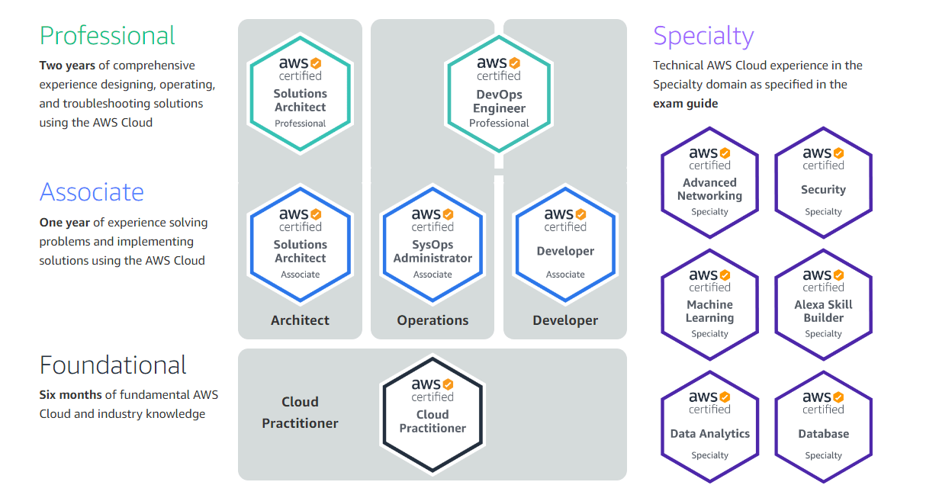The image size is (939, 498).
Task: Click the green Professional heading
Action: (x=107, y=36)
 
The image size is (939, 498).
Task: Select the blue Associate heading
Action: (x=92, y=192)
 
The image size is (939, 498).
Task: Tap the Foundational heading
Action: (x=113, y=365)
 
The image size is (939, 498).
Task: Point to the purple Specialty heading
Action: (x=703, y=36)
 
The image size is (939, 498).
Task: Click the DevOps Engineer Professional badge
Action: (x=499, y=94)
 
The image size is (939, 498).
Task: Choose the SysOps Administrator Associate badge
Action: (x=433, y=244)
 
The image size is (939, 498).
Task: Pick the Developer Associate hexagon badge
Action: (x=565, y=244)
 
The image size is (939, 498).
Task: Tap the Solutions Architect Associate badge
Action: (x=300, y=244)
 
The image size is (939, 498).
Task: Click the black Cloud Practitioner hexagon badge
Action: (x=433, y=414)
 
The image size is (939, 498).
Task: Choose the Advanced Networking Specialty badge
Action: (x=709, y=182)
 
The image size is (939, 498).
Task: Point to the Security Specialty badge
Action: (x=823, y=182)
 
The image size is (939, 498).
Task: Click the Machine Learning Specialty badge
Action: (x=709, y=304)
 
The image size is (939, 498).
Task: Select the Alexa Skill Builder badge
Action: (x=823, y=304)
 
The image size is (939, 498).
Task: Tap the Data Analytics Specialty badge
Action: (x=709, y=426)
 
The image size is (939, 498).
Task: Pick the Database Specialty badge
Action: (x=823, y=426)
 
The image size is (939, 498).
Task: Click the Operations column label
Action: (x=433, y=320)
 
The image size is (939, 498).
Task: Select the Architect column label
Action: (x=300, y=320)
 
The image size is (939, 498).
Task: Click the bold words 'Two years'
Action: (x=67, y=66)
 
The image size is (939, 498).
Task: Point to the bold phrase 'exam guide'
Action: (x=686, y=104)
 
